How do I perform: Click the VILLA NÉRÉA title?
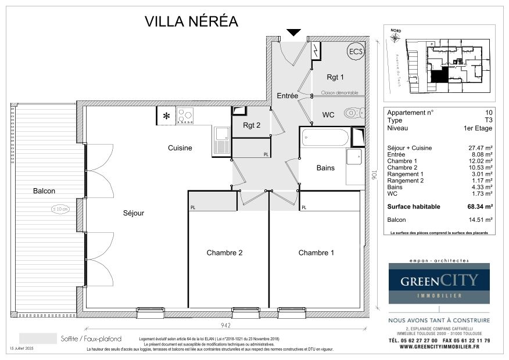[x=191, y=21]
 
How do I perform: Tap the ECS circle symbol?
[x=355, y=52]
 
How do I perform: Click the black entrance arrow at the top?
[x=294, y=33]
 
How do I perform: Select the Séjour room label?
[x=134, y=213]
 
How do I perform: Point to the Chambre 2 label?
[x=224, y=253]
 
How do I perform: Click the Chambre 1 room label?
[x=317, y=253]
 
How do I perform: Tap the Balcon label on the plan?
[x=44, y=190]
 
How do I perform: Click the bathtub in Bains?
[x=325, y=139]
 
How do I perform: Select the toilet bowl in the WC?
[x=352, y=113]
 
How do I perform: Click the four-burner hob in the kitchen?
[x=185, y=116]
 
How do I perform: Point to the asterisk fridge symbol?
[x=166, y=116]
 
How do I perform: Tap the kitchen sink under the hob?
[x=221, y=141]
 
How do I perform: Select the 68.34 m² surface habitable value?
[x=481, y=207]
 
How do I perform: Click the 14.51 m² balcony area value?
[x=483, y=220]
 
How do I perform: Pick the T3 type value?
[x=489, y=120]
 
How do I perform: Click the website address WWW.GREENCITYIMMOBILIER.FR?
[x=439, y=347]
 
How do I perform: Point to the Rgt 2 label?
[x=251, y=125]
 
